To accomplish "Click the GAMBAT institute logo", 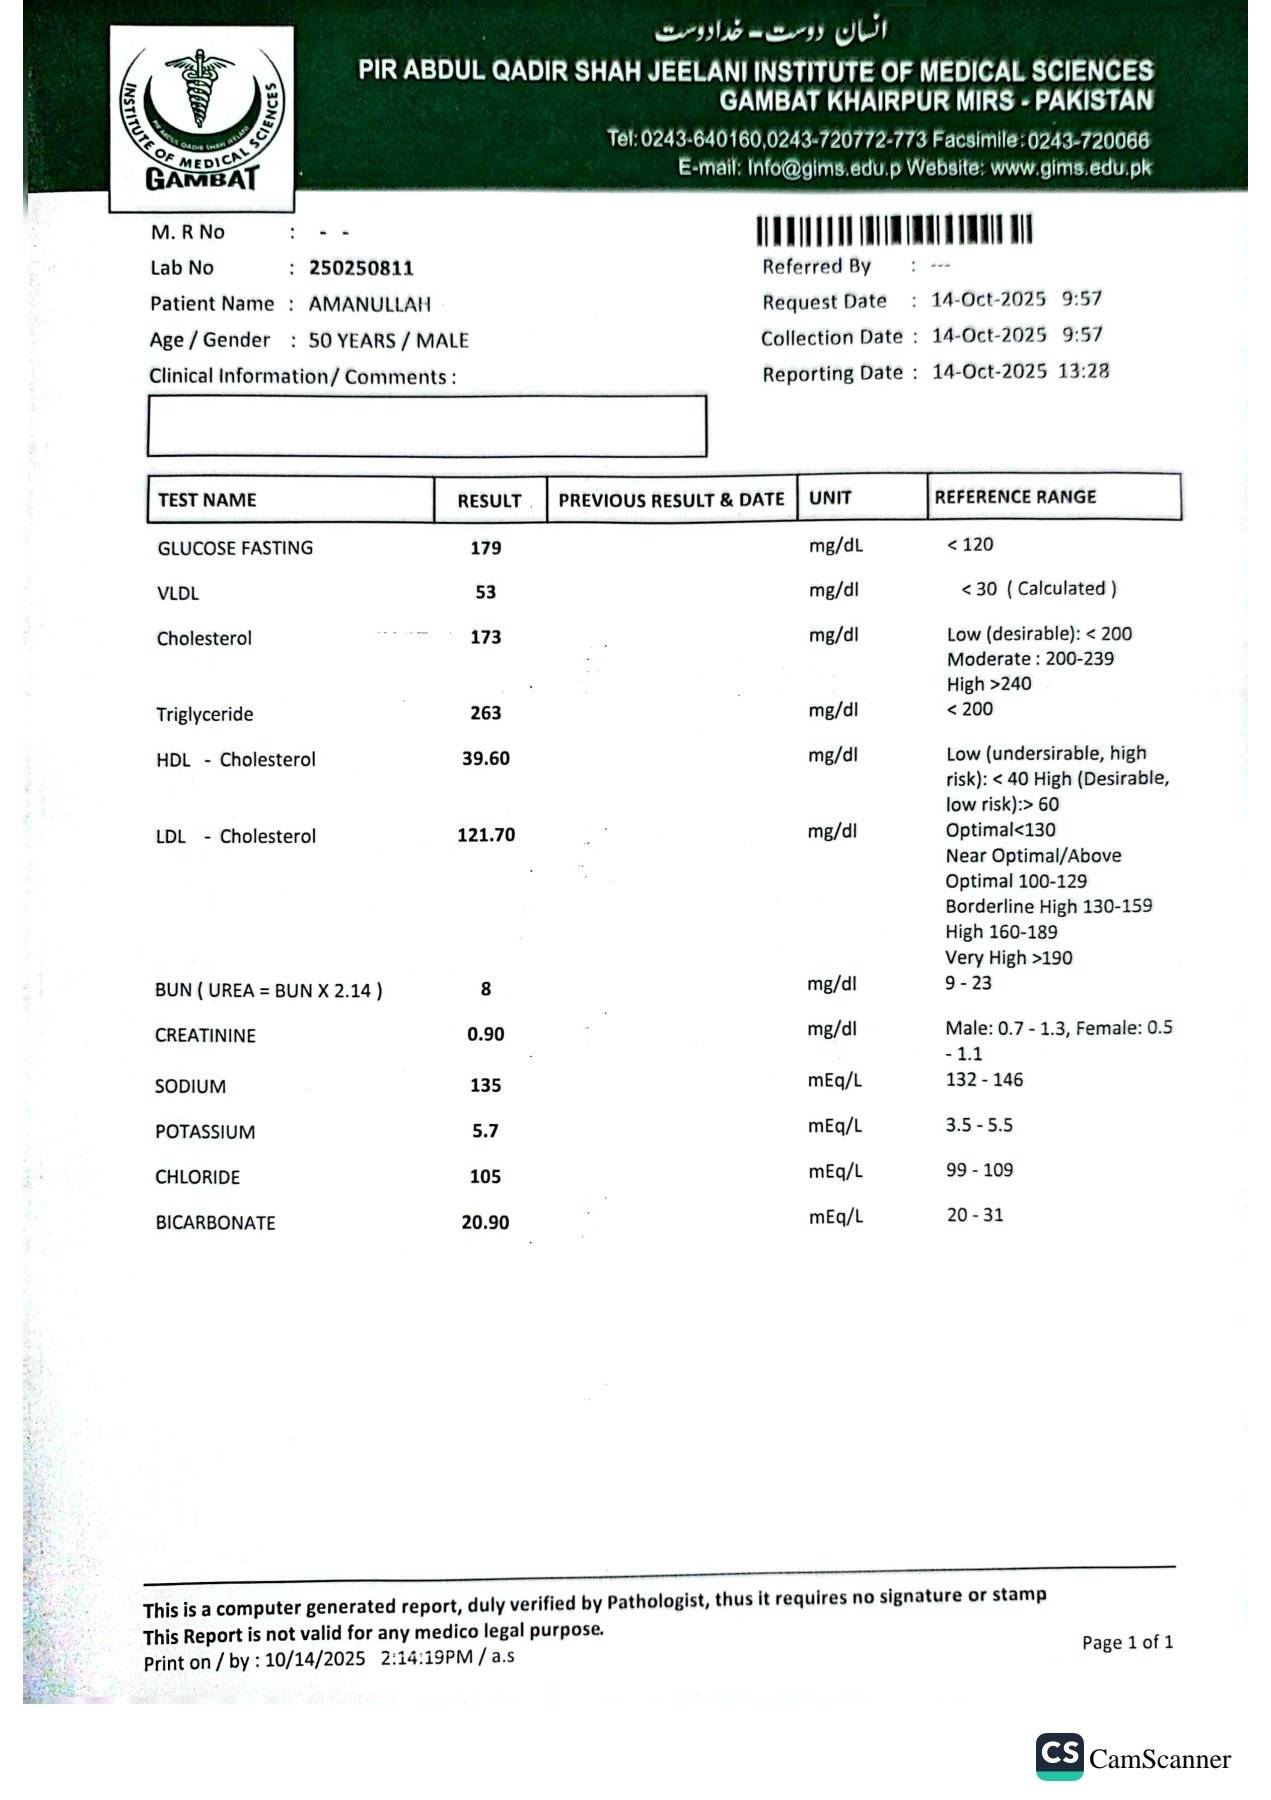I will pyautogui.click(x=201, y=118).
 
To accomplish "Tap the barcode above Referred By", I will pyautogui.click(x=893, y=231).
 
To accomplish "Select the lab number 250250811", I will pyautogui.click(x=361, y=268).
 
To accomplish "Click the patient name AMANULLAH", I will pyautogui.click(x=369, y=304).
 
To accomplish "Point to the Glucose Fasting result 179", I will pyautogui.click(x=486, y=548).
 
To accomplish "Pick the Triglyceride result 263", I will pyautogui.click(x=486, y=713).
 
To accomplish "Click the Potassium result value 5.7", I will pyautogui.click(x=485, y=1131).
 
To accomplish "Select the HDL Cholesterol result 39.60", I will pyautogui.click(x=486, y=759).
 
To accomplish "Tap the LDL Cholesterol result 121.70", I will pyautogui.click(x=486, y=835).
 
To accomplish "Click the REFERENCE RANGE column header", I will pyautogui.click(x=1015, y=497).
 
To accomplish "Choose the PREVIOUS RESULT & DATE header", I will pyautogui.click(x=671, y=500).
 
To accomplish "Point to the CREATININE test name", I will pyautogui.click(x=205, y=1036).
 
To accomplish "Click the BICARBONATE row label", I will pyautogui.click(x=215, y=1223).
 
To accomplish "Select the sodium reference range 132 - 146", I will pyautogui.click(x=984, y=1080).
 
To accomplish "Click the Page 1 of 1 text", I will pyautogui.click(x=1127, y=1642).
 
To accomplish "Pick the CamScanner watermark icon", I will pyautogui.click(x=1059, y=1757).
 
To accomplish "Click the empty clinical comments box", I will pyautogui.click(x=427, y=427).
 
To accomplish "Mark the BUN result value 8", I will pyautogui.click(x=486, y=989).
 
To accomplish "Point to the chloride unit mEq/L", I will pyautogui.click(x=835, y=1171).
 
